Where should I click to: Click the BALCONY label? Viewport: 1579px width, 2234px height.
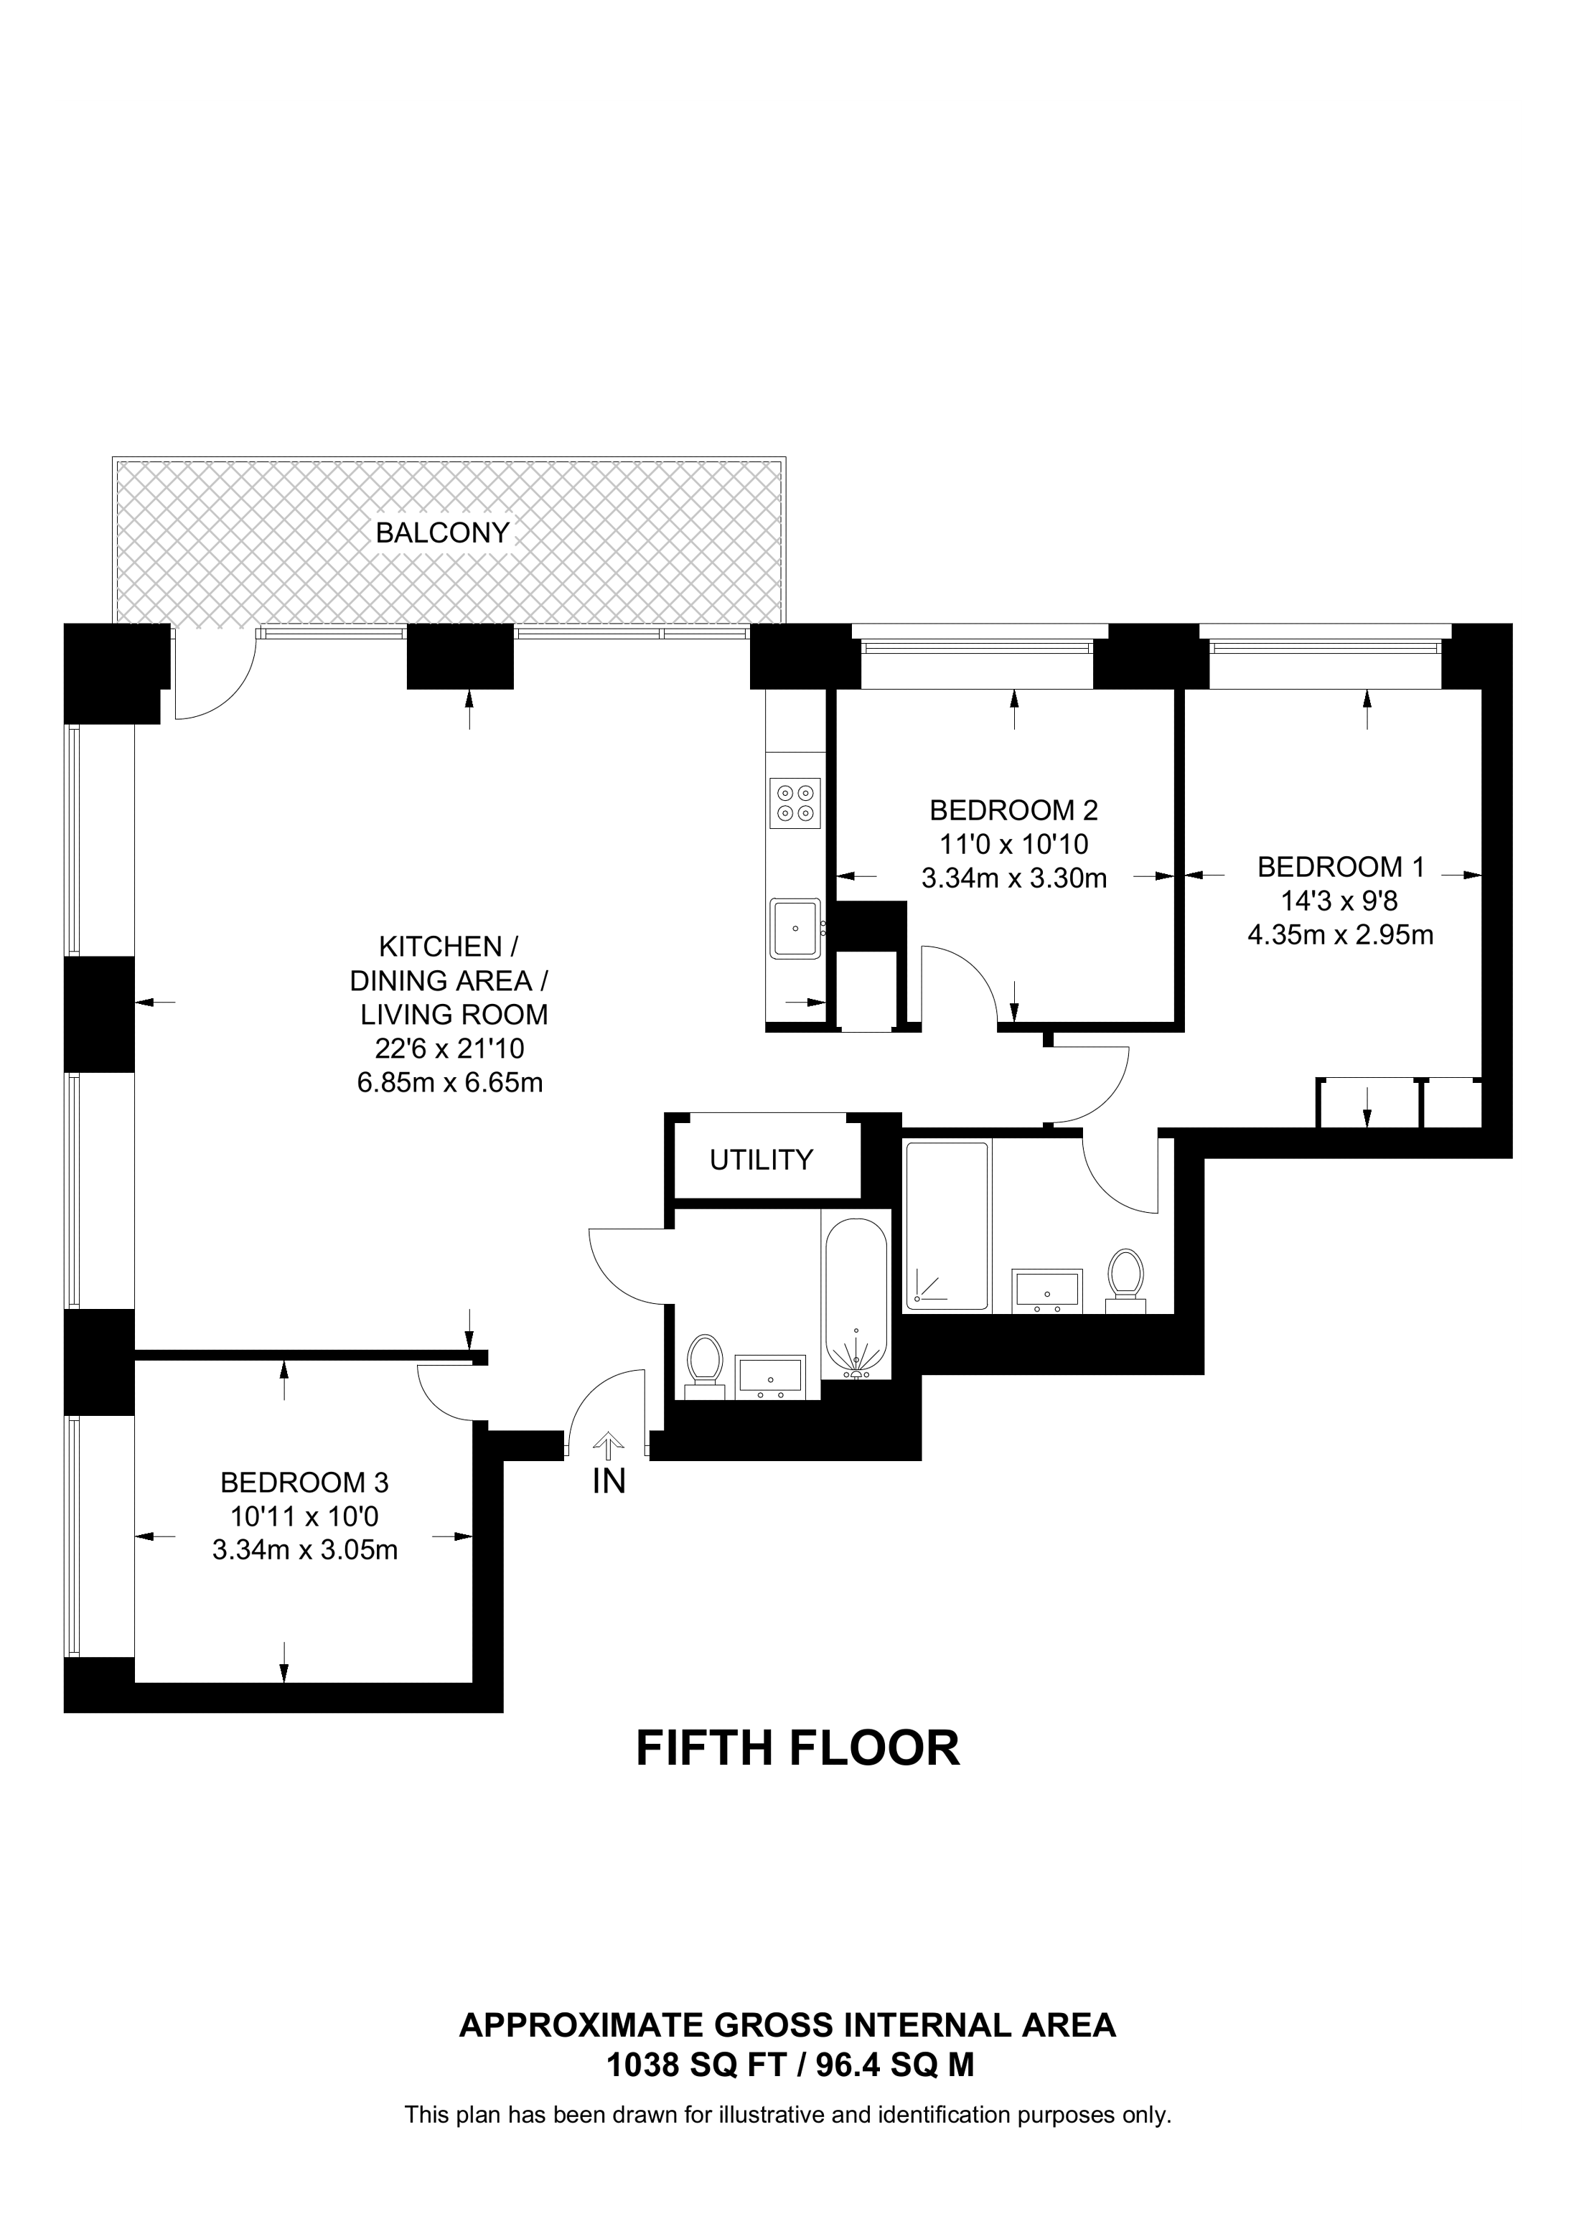click(x=443, y=532)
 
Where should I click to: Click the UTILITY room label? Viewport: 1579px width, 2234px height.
click(x=761, y=1160)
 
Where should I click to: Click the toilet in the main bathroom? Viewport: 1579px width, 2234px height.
click(x=703, y=1362)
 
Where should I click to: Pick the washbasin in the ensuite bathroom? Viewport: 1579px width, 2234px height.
click(x=1047, y=1290)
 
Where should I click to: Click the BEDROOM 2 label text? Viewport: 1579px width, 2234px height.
click(x=1013, y=809)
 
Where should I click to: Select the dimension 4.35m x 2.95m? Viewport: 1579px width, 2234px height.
click(x=1340, y=935)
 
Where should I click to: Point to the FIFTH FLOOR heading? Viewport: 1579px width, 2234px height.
click(x=797, y=1748)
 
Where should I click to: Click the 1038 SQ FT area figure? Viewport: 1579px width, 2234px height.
click(x=695, y=2065)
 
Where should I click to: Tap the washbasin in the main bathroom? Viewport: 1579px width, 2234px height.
click(x=769, y=1376)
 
